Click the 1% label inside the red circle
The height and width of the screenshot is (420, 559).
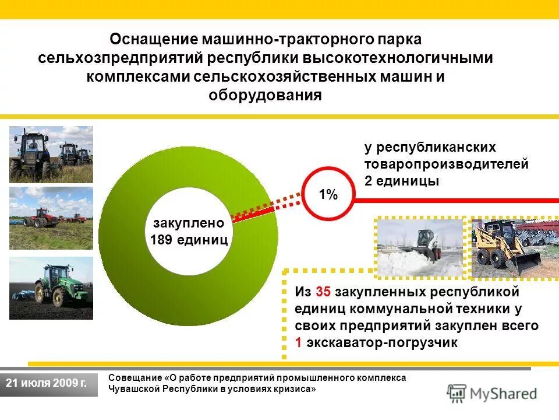(328, 195)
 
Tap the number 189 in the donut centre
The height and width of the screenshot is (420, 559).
(165, 240)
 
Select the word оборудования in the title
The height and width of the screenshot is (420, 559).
(265, 95)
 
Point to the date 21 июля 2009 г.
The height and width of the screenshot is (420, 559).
(46, 383)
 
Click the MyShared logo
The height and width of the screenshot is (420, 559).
(492, 393)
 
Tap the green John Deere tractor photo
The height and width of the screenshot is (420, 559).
(51, 288)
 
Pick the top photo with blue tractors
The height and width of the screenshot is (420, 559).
(51, 154)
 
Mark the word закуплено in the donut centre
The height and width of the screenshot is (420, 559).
(188, 223)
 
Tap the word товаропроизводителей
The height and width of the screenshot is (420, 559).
(447, 164)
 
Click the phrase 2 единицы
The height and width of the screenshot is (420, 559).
(401, 181)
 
